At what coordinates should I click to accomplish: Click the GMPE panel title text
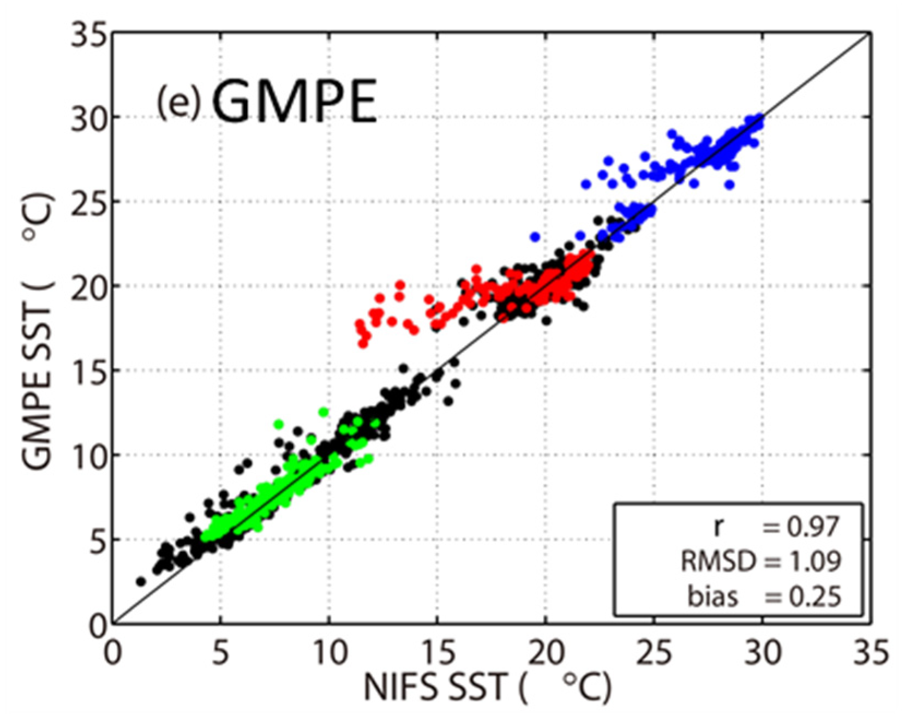click(x=295, y=102)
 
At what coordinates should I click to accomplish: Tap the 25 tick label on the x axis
click(x=654, y=652)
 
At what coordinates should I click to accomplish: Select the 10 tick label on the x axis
click(x=329, y=652)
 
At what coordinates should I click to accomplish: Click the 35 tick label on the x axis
click(x=871, y=652)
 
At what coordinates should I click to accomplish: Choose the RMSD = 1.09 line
click(x=761, y=561)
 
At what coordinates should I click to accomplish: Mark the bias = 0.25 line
click(x=764, y=596)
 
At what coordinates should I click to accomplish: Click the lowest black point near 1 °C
click(x=141, y=581)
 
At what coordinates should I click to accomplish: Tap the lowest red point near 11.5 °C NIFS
click(x=363, y=343)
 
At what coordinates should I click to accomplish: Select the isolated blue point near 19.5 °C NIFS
click(x=535, y=237)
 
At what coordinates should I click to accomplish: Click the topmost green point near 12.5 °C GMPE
click(x=323, y=412)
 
